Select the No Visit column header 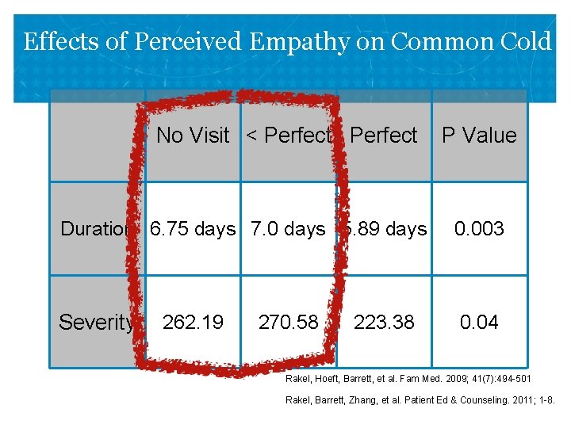[193, 136]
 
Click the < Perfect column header [288, 136]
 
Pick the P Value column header [479, 136]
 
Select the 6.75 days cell [193, 229]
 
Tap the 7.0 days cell [288, 229]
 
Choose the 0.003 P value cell [479, 229]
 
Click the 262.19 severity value [193, 323]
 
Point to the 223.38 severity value [384, 323]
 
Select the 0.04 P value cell [479, 323]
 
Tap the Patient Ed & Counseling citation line [420, 399]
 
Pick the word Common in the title [434, 41]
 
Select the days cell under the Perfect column [385, 229]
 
